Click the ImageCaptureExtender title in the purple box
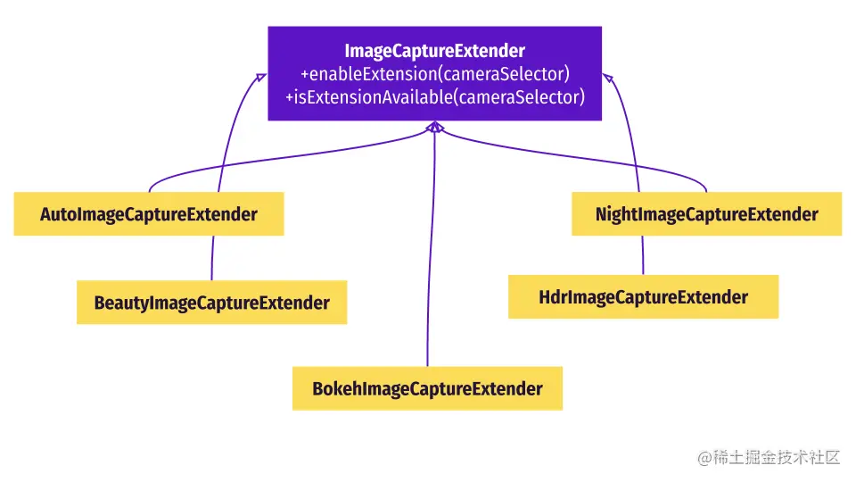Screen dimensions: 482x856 434,50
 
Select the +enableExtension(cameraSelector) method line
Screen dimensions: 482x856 434,73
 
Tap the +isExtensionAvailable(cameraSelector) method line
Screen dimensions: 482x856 434,97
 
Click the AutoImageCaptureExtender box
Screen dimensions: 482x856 149,214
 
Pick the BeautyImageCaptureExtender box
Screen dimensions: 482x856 211,303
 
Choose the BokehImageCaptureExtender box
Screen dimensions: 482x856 427,388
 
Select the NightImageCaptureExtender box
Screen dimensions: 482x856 706,214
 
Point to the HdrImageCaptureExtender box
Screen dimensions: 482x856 643,297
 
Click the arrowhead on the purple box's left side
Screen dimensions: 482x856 260,77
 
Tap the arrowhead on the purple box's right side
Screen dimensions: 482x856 607,77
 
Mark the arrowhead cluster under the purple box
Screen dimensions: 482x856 434,129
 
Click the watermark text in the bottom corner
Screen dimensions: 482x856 770,457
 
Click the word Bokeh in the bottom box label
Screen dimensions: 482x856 333,389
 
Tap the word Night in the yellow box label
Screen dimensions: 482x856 616,215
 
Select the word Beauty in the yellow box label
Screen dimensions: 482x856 121,303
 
